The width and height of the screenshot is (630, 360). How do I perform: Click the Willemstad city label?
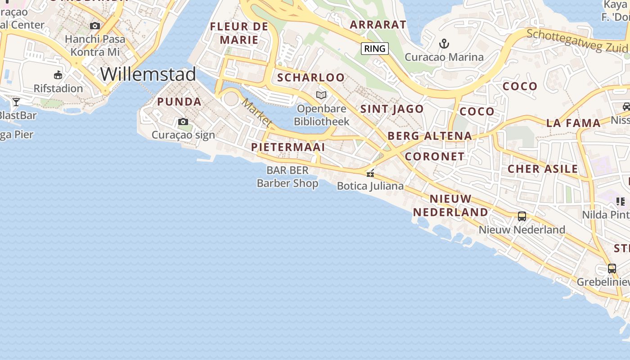148,74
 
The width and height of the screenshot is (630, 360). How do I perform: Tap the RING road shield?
374,49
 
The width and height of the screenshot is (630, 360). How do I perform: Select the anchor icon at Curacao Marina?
444,44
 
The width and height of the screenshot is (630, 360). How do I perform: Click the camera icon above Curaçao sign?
183,121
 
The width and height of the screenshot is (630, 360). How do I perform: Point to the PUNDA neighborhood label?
179,102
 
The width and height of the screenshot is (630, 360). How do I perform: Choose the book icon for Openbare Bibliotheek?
321,95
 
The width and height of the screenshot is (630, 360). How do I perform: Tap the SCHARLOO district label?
310,77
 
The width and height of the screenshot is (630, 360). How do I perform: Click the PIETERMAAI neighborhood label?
288,147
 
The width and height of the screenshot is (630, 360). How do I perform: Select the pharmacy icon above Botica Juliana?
370,173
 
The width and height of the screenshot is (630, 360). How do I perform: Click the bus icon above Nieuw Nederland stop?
522,216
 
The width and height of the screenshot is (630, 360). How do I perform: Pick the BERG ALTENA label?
429,136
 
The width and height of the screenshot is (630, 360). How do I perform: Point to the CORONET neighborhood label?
434,156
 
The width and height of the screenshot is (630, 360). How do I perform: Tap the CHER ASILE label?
543,169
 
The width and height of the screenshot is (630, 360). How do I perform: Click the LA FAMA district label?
573,123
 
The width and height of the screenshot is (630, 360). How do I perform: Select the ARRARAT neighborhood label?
378,25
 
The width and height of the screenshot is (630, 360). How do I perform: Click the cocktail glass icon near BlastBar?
16,102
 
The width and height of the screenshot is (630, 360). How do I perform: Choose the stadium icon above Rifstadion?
58,75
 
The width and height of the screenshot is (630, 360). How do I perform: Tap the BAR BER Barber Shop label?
288,176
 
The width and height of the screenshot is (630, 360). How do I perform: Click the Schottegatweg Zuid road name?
577,41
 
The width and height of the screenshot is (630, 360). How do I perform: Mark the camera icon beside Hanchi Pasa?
95,26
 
